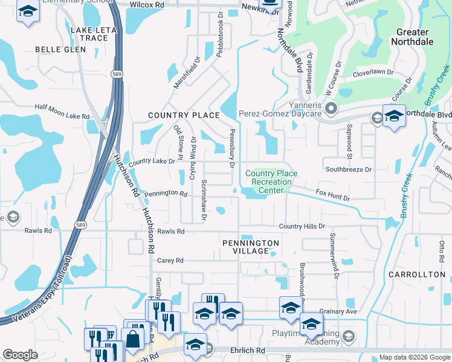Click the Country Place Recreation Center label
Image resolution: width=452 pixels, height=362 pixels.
[271, 182]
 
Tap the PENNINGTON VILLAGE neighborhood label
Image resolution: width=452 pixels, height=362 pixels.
[250, 247]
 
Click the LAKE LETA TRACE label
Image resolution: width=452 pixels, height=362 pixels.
[89, 34]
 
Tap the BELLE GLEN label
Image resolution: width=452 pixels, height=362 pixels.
[60, 49]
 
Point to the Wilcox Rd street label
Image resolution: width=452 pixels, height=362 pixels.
[147, 4]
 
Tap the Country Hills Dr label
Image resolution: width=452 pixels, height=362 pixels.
[302, 226]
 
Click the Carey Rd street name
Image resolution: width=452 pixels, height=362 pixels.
[170, 261]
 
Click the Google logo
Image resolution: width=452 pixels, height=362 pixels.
[20, 355]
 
